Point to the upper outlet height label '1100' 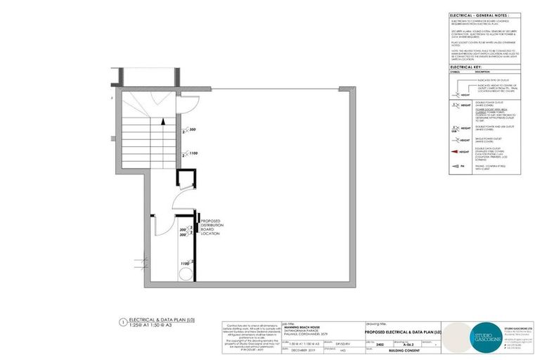point(193,153)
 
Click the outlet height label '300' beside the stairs point(193,130)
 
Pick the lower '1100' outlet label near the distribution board point(185,263)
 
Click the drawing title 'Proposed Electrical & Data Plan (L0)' point(404,330)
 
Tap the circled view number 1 point(122,323)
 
